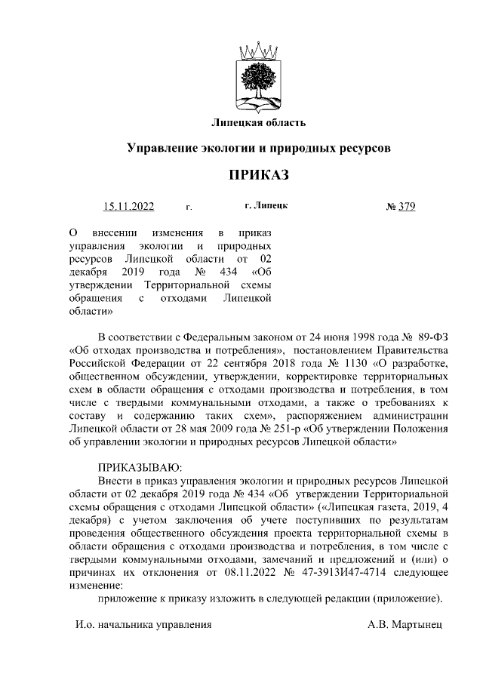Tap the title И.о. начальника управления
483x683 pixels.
143,625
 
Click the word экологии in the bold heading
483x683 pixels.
226,149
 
